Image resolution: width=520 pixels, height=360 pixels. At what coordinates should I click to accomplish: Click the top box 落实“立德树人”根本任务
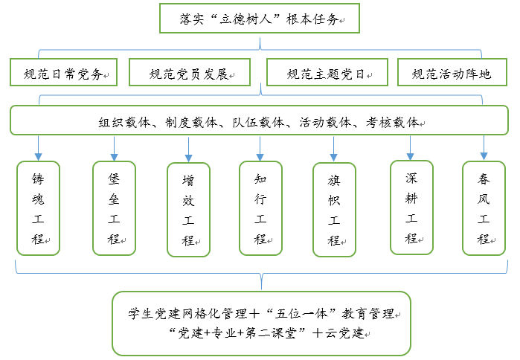coord(260,19)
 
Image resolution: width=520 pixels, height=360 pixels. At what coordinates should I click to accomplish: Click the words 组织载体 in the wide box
coord(127,121)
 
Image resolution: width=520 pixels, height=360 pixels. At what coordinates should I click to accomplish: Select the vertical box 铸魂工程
coord(38,209)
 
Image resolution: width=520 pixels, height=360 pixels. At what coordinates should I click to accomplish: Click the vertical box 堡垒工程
coord(114,208)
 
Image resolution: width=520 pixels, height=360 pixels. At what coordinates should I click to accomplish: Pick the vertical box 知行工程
coord(260,208)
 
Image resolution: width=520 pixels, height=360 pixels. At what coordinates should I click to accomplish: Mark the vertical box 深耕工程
coord(411,208)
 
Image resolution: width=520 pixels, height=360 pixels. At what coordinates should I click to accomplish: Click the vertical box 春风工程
coord(484,208)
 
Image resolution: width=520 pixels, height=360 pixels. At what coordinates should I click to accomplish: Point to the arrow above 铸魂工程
coord(38,148)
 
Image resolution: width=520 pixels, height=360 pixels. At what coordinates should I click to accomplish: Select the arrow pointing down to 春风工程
coord(484,148)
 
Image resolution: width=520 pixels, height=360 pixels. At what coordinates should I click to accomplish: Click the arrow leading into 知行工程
coord(260,148)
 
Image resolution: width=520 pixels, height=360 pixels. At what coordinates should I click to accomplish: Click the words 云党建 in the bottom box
coord(344,332)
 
